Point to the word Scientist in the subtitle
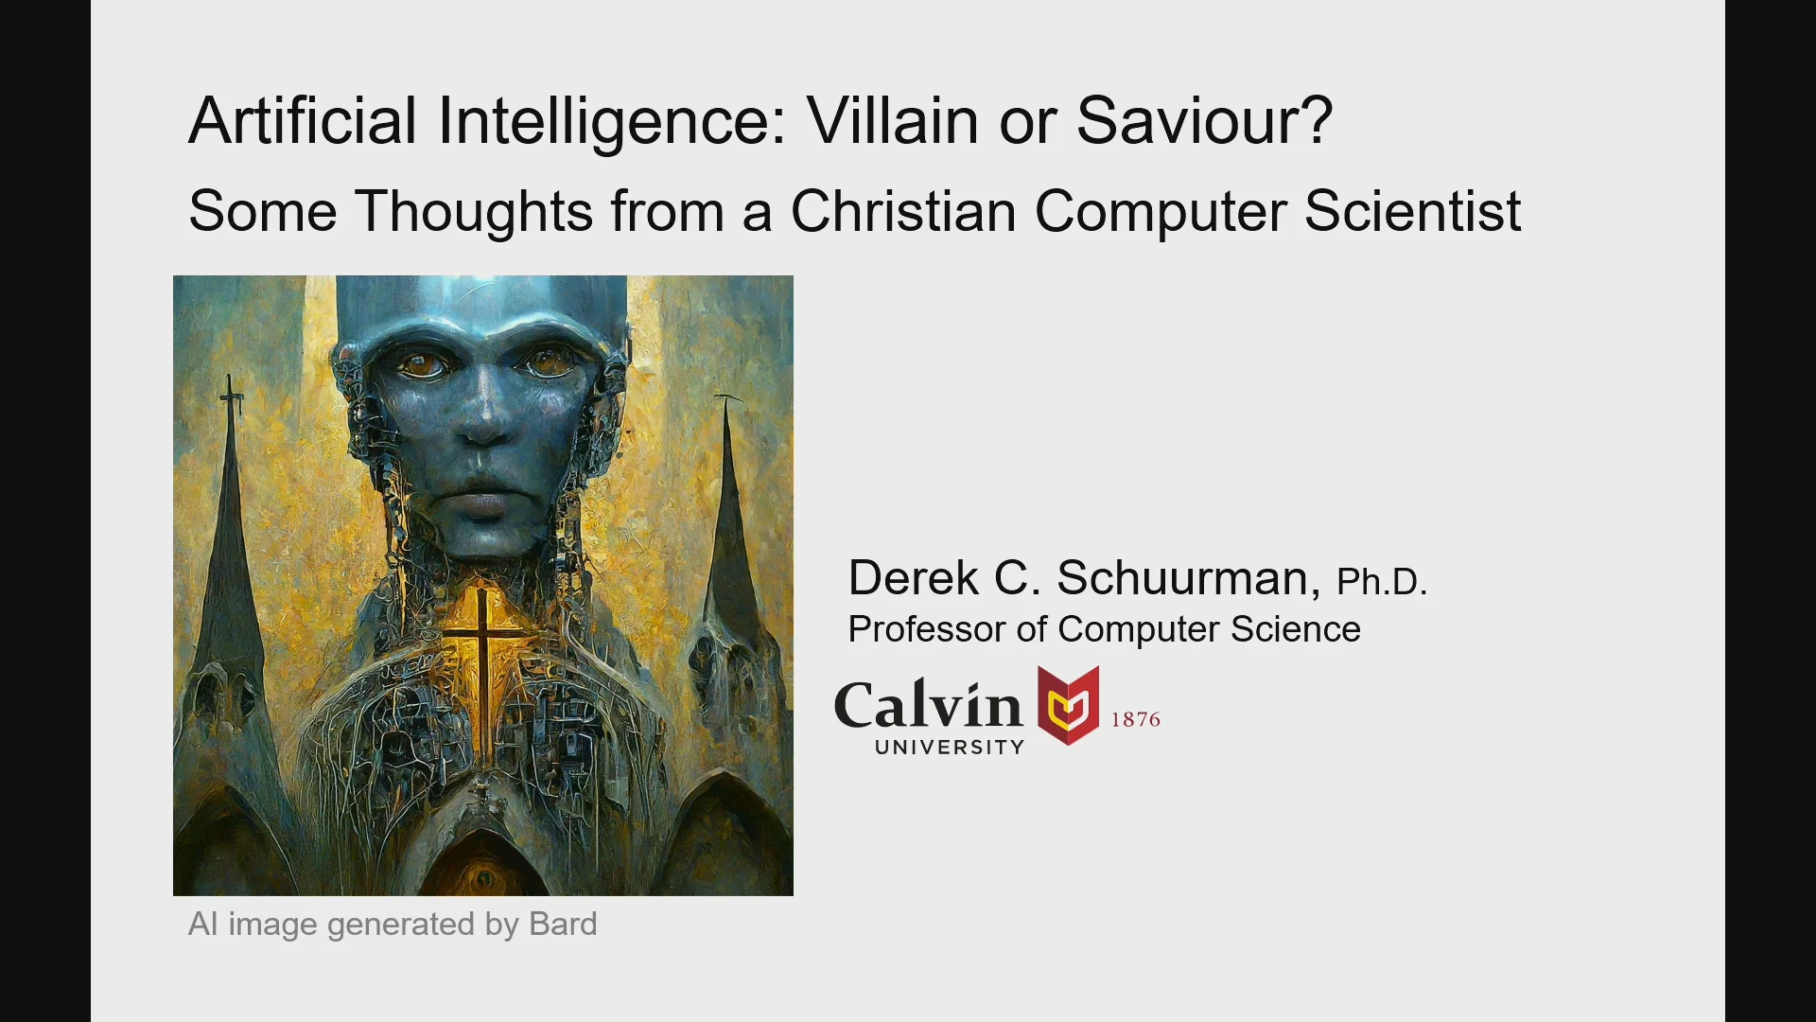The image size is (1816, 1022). pyautogui.click(x=1412, y=210)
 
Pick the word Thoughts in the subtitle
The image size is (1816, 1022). pyautogui.click(x=474, y=210)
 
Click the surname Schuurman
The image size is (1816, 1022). pyautogui.click(x=1187, y=578)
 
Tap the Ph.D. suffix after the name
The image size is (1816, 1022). pyautogui.click(x=1381, y=582)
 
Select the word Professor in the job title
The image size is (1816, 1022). pyautogui.click(x=927, y=629)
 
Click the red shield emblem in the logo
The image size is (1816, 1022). pyautogui.click(x=1068, y=705)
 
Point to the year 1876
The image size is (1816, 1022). pyautogui.click(x=1135, y=719)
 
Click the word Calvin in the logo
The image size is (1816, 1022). pyautogui.click(x=928, y=706)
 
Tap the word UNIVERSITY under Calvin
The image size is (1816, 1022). pyautogui.click(x=950, y=748)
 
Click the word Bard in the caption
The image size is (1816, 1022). pyautogui.click(x=563, y=925)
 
